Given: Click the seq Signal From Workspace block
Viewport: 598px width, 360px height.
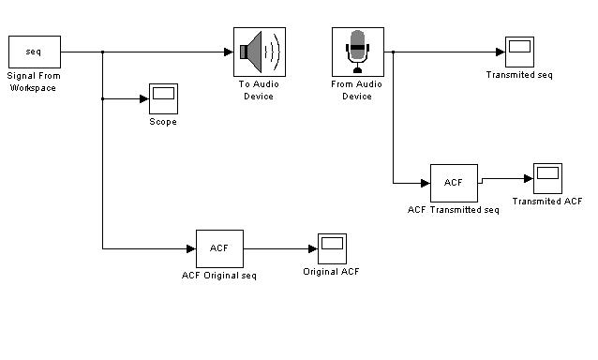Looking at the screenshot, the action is click(x=35, y=52).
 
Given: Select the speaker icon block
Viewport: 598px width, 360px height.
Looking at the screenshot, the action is click(x=260, y=52).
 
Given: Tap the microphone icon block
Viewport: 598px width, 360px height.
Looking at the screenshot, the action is click(x=358, y=52).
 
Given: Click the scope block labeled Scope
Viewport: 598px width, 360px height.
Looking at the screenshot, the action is click(x=164, y=98).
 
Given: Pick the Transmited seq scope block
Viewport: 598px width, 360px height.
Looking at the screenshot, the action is click(x=520, y=52).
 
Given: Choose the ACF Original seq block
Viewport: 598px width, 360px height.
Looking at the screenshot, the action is click(x=219, y=248).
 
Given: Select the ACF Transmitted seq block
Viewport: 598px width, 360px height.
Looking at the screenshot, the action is click(x=455, y=183).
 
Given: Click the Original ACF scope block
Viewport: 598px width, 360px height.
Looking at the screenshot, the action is click(x=332, y=248).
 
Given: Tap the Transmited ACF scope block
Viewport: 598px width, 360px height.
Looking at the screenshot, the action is click(x=547, y=178).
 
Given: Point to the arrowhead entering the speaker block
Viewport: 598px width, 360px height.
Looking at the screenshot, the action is click(x=229, y=52).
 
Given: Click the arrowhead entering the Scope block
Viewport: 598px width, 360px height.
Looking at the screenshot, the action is click(x=144, y=99).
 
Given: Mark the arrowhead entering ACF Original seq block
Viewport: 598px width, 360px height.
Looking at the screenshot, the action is click(x=191, y=249).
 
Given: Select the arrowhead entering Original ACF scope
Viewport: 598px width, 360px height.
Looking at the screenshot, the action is click(x=313, y=249).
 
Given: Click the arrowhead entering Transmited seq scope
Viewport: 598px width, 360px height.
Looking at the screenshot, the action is click(x=501, y=52).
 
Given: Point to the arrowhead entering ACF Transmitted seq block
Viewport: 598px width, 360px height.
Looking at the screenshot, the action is click(x=426, y=184).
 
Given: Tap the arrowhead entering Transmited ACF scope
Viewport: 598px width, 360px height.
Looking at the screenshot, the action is click(x=529, y=178).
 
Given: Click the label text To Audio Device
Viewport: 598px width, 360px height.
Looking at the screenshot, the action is click(x=259, y=90).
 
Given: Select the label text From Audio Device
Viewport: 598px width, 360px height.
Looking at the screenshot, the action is click(x=357, y=90).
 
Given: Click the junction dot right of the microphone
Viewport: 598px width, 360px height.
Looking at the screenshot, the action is click(x=394, y=52).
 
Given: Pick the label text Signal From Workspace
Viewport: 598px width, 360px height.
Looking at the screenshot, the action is click(x=34, y=82).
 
